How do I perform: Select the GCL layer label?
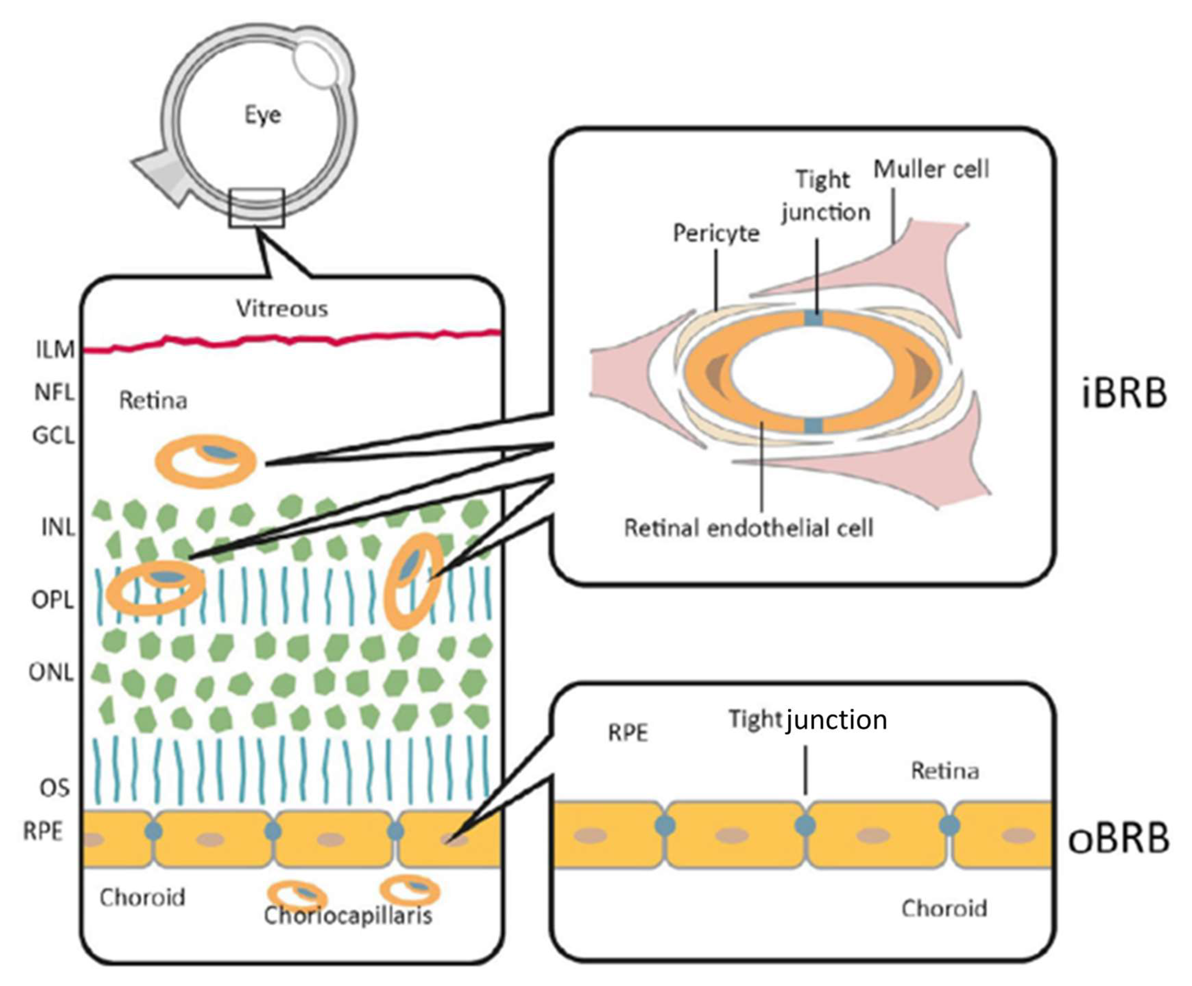(x=53, y=436)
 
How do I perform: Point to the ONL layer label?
(x=51, y=673)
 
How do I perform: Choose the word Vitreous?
(x=282, y=309)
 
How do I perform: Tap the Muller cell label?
(x=931, y=169)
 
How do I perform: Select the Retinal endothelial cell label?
(x=748, y=528)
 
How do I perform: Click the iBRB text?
(x=1124, y=393)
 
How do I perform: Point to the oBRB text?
(x=1118, y=839)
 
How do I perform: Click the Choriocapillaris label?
(x=348, y=915)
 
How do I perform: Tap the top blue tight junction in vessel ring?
(x=814, y=318)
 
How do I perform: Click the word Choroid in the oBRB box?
(x=944, y=908)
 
